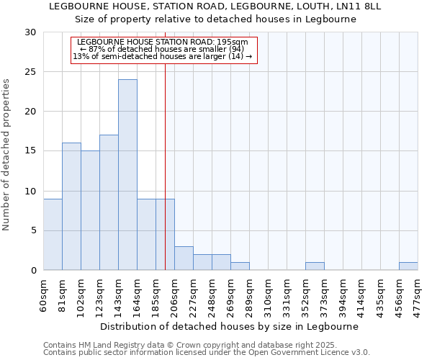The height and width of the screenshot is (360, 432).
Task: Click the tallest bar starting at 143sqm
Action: [x=127, y=175]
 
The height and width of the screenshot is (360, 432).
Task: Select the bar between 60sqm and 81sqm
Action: [x=53, y=234]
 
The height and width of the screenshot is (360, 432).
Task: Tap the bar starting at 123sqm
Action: [x=109, y=202]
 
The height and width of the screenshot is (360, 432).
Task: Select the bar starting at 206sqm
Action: [x=184, y=258]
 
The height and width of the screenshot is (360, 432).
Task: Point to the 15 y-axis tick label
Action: [x=31, y=151]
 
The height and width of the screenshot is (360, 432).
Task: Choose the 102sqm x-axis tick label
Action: [x=81, y=296]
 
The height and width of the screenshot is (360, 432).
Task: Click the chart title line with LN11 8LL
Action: [x=215, y=6]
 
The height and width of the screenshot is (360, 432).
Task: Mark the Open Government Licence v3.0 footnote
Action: [x=207, y=352]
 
